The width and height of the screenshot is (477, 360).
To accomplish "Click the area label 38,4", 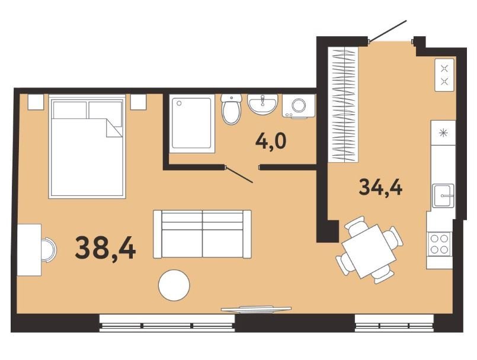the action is [105, 248].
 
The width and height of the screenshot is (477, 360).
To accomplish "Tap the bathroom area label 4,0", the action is [271, 141].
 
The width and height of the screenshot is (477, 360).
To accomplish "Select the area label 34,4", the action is [380, 187].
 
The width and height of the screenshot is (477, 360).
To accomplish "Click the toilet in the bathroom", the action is [232, 108].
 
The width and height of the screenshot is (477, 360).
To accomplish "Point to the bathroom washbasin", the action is [262, 104].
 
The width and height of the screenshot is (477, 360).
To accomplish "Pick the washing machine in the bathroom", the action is [299, 105].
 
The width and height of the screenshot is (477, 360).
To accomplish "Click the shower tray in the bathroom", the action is [192, 123].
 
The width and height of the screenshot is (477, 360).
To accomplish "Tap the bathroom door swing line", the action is [239, 175].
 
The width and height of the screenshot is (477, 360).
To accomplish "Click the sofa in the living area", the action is [202, 234].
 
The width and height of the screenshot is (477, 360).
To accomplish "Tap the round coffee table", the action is [174, 285].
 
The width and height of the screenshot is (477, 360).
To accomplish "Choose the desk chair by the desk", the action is [49, 250].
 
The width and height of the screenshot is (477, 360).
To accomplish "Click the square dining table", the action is [369, 251].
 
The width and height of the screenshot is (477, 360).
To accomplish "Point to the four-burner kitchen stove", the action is [439, 244].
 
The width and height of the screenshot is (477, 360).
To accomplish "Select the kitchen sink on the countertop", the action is [444, 196].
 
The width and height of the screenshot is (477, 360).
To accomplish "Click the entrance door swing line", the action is [388, 30].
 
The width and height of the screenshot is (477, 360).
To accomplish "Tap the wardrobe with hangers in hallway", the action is [344, 104].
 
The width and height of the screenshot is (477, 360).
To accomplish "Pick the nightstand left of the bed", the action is [36, 102].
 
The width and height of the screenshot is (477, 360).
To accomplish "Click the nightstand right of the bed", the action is [139, 102].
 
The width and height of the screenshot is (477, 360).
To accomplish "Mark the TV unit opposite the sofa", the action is [256, 309].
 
